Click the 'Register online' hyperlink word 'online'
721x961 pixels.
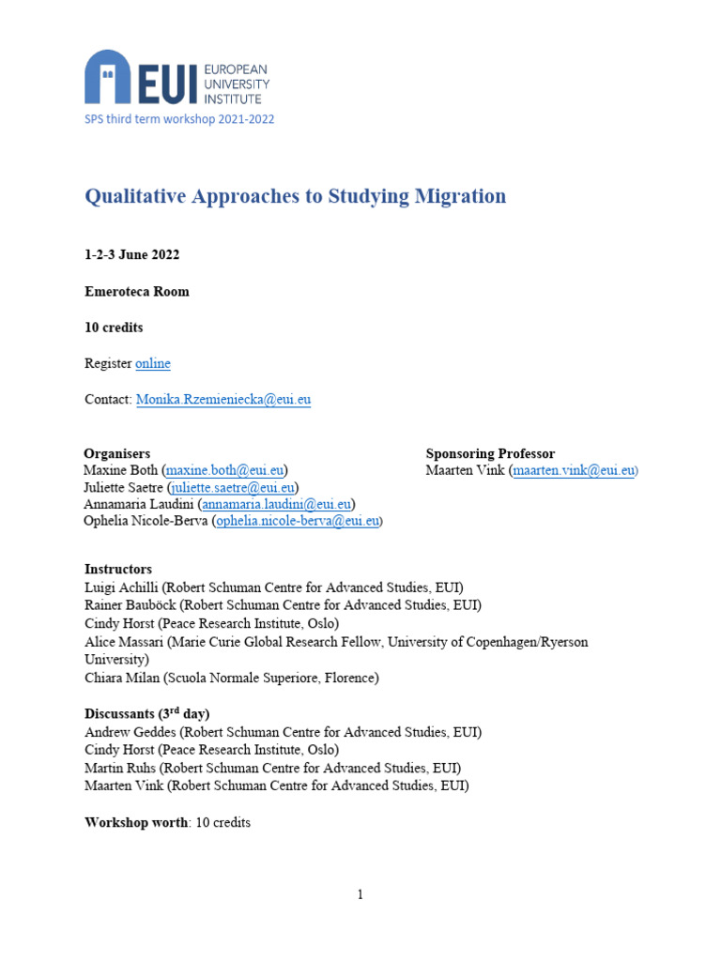click(153, 363)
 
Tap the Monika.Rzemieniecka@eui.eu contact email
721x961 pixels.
click(223, 400)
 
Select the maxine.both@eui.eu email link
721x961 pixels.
click(225, 470)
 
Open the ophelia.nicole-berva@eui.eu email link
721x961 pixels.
click(298, 521)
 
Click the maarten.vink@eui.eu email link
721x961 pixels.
click(574, 470)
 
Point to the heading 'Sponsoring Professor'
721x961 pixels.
click(490, 453)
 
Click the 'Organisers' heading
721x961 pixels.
click(116, 453)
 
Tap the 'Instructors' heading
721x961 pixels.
click(118, 570)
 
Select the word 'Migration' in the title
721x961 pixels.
click(461, 196)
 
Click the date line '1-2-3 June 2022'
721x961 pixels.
click(132, 255)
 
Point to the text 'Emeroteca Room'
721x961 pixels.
click(137, 292)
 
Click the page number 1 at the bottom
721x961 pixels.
click(360, 894)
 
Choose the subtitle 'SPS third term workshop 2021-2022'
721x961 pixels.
click(179, 119)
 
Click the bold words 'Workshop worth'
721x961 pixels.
click(136, 823)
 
